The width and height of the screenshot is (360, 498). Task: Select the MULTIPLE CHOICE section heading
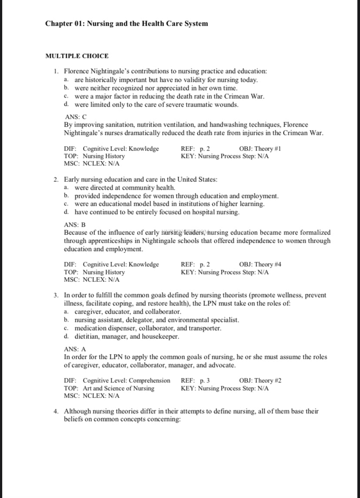click(x=77, y=56)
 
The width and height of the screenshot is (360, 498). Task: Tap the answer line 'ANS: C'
click(x=76, y=117)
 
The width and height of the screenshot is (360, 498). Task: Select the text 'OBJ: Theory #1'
click(x=260, y=149)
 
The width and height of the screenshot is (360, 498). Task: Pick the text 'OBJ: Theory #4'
click(x=260, y=264)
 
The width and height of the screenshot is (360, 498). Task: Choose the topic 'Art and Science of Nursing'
click(x=118, y=388)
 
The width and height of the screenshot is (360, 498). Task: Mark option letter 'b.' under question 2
click(x=66, y=196)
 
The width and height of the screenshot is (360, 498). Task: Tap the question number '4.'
click(x=57, y=411)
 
